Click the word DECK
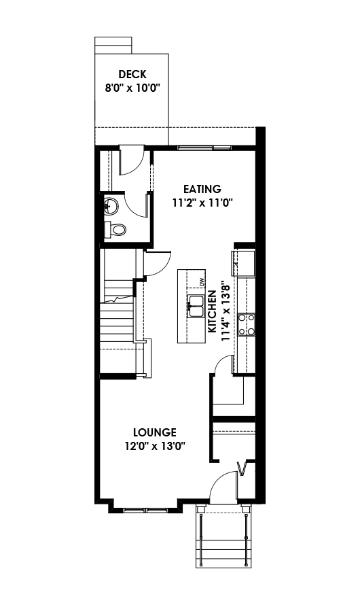click(x=132, y=75)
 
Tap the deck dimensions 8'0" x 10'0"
click(x=132, y=88)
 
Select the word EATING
click(x=202, y=189)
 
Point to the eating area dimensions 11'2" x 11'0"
click(x=202, y=202)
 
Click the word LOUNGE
click(x=154, y=432)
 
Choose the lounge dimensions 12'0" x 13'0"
click(x=154, y=445)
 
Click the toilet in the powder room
click(x=117, y=230)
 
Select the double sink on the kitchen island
click(x=196, y=307)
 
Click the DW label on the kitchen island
click(x=202, y=281)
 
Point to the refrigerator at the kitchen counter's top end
click(x=244, y=264)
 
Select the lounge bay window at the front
click(x=147, y=508)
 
